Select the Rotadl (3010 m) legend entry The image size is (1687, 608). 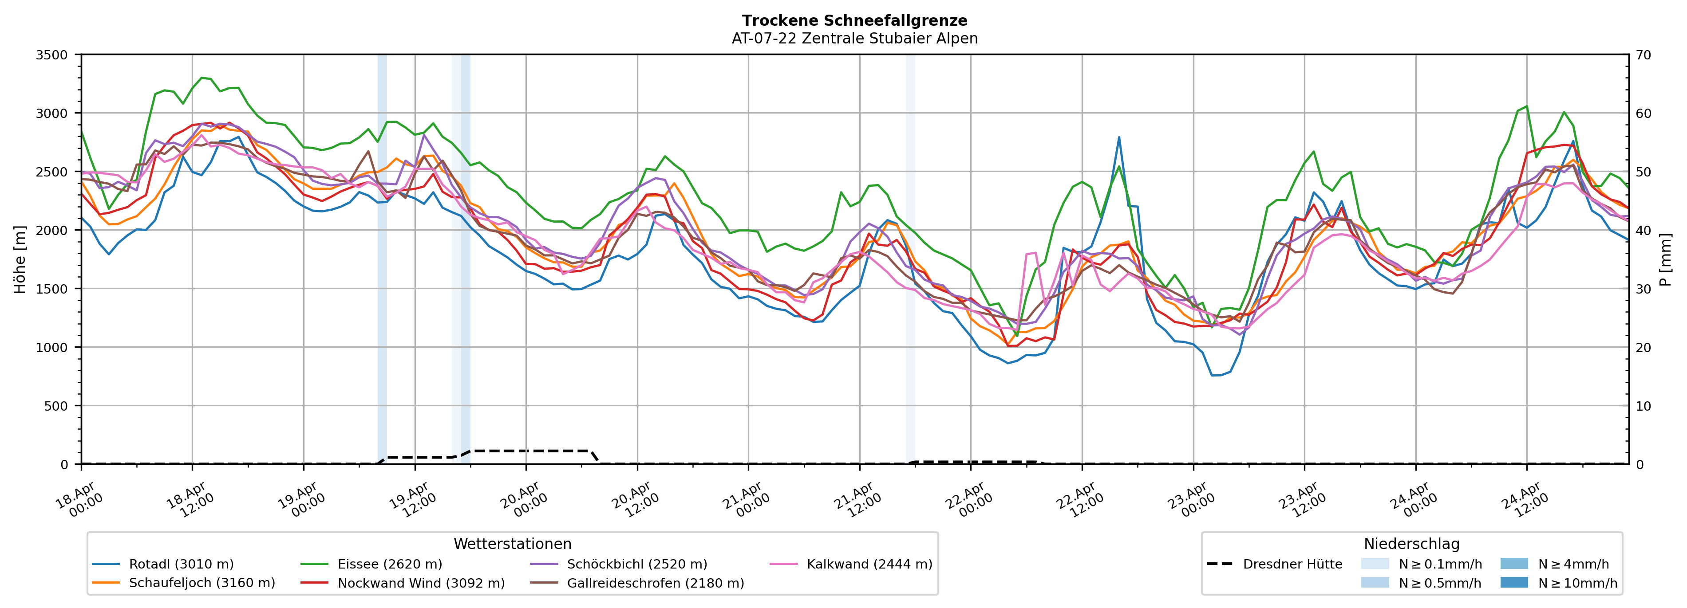(181, 564)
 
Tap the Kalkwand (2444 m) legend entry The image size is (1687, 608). (869, 564)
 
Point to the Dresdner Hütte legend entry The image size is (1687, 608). (1292, 564)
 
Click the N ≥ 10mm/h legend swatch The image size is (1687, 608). (1513, 582)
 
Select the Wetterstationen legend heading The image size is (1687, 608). (512, 544)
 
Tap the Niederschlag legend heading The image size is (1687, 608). (1411, 544)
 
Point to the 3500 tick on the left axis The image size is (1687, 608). (52, 55)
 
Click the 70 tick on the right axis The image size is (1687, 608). (1643, 55)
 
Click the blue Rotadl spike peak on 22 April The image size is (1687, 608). (1119, 137)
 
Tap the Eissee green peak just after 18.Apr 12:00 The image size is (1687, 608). (201, 78)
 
